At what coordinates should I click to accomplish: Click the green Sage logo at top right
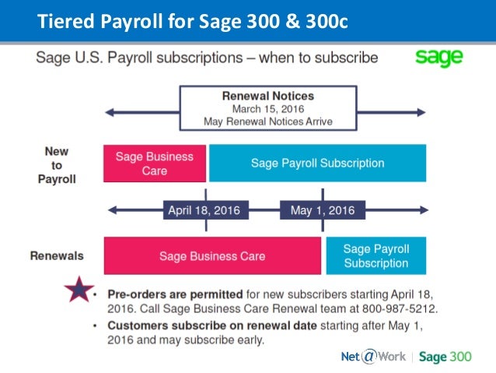coord(439,57)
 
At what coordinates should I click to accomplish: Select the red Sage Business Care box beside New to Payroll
coord(155,163)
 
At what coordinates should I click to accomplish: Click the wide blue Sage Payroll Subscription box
coord(317,163)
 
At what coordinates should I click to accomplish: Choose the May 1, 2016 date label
coord(322,209)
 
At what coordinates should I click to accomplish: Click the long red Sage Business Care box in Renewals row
coord(212,255)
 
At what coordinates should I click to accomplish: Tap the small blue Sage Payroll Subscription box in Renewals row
coord(375,255)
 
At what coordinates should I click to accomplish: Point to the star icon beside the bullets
coord(78,291)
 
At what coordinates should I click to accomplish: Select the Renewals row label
coord(57,255)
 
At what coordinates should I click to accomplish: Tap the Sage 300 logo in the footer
coord(445,357)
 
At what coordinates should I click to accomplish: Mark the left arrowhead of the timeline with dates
coord(113,209)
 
